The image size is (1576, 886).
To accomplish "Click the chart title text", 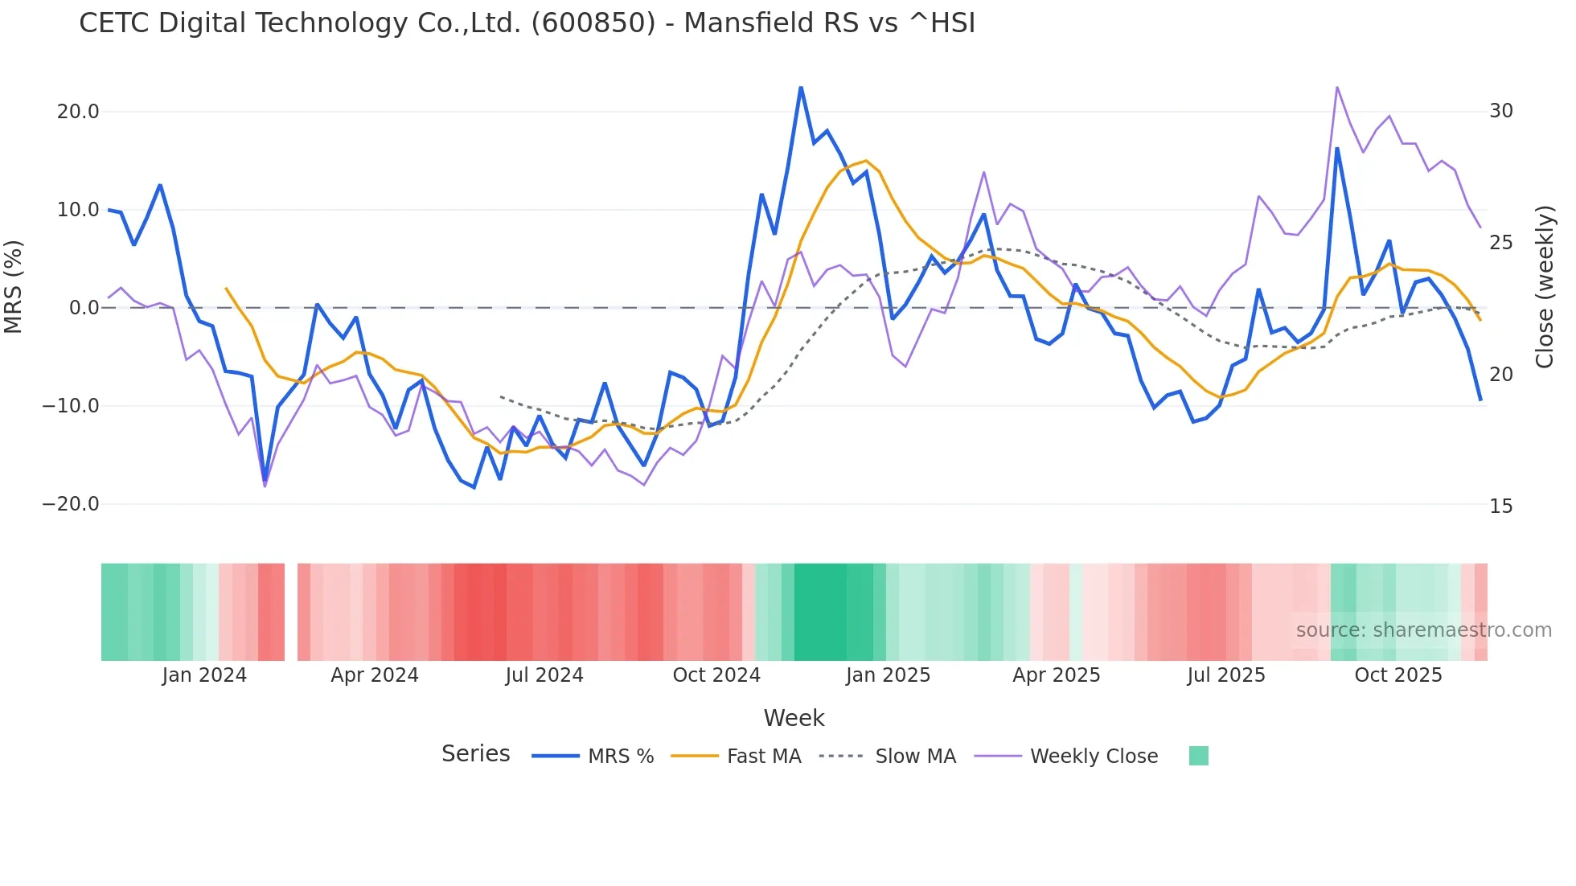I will [x=527, y=23].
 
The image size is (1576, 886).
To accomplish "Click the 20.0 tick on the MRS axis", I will [x=78, y=112].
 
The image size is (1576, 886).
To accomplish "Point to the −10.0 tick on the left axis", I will [x=71, y=406].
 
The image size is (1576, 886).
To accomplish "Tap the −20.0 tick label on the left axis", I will [x=71, y=504].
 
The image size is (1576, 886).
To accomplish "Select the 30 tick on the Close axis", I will [x=1501, y=111].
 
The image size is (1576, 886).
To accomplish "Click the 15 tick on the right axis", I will [x=1501, y=507].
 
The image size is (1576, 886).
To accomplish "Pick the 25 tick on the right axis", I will [x=1501, y=243].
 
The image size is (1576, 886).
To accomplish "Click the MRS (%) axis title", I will [x=14, y=286].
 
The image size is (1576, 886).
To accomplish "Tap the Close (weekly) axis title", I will [x=1544, y=286].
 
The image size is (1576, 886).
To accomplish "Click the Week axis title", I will [x=794, y=718].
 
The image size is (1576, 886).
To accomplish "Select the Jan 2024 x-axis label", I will [x=204, y=675].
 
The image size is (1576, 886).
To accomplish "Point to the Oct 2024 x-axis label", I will [x=716, y=675].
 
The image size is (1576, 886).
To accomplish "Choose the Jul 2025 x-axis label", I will [x=1226, y=675].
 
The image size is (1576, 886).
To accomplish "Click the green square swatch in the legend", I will [x=1198, y=756].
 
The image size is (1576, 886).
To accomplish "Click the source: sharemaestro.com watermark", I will [x=1423, y=630].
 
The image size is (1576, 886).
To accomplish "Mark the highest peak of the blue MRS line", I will [x=801, y=87].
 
